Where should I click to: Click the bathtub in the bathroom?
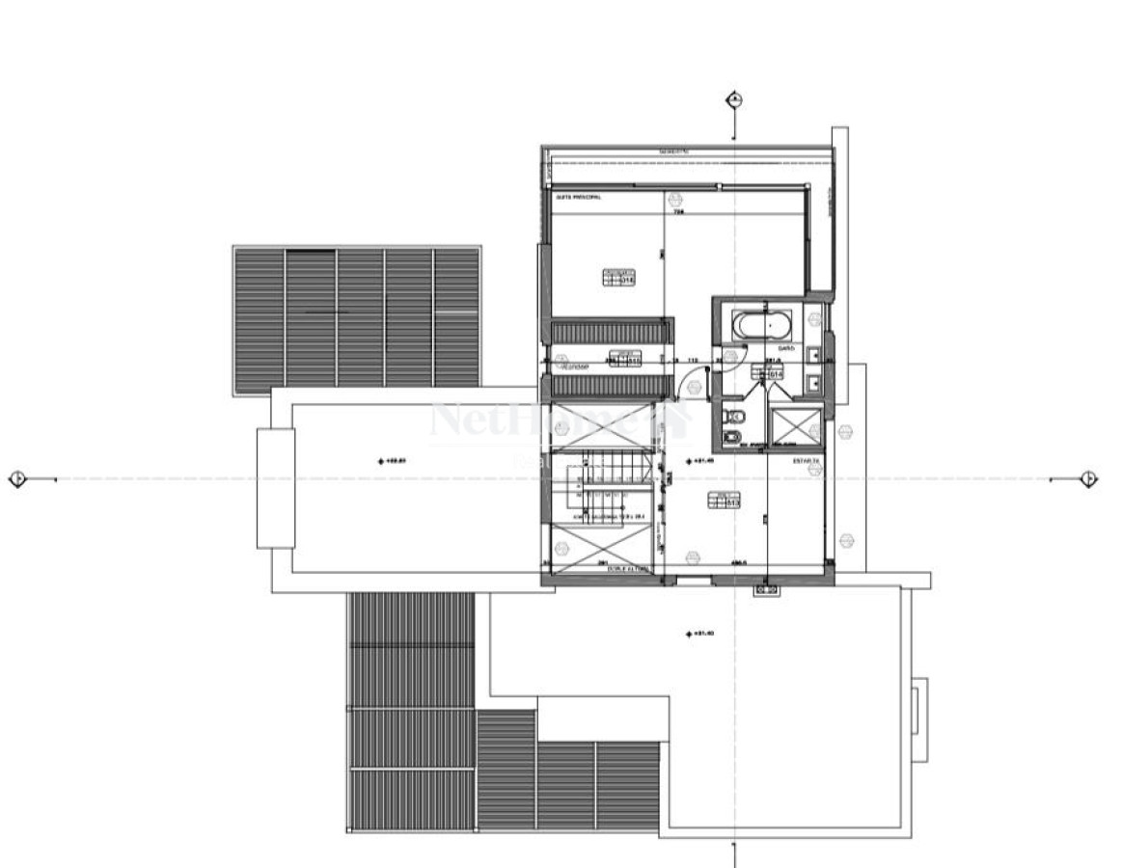tap(761, 325)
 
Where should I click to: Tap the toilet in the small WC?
tap(734, 417)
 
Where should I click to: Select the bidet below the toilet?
tap(734, 439)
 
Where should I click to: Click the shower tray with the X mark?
tap(796, 424)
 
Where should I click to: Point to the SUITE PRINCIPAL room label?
tap(578, 197)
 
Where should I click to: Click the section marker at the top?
tap(735, 99)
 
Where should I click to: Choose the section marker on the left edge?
tap(16, 478)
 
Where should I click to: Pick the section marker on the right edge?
tap(1089, 478)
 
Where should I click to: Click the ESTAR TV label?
tap(806, 462)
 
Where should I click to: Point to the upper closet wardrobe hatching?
tap(610, 331)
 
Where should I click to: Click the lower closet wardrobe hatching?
tap(610, 386)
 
